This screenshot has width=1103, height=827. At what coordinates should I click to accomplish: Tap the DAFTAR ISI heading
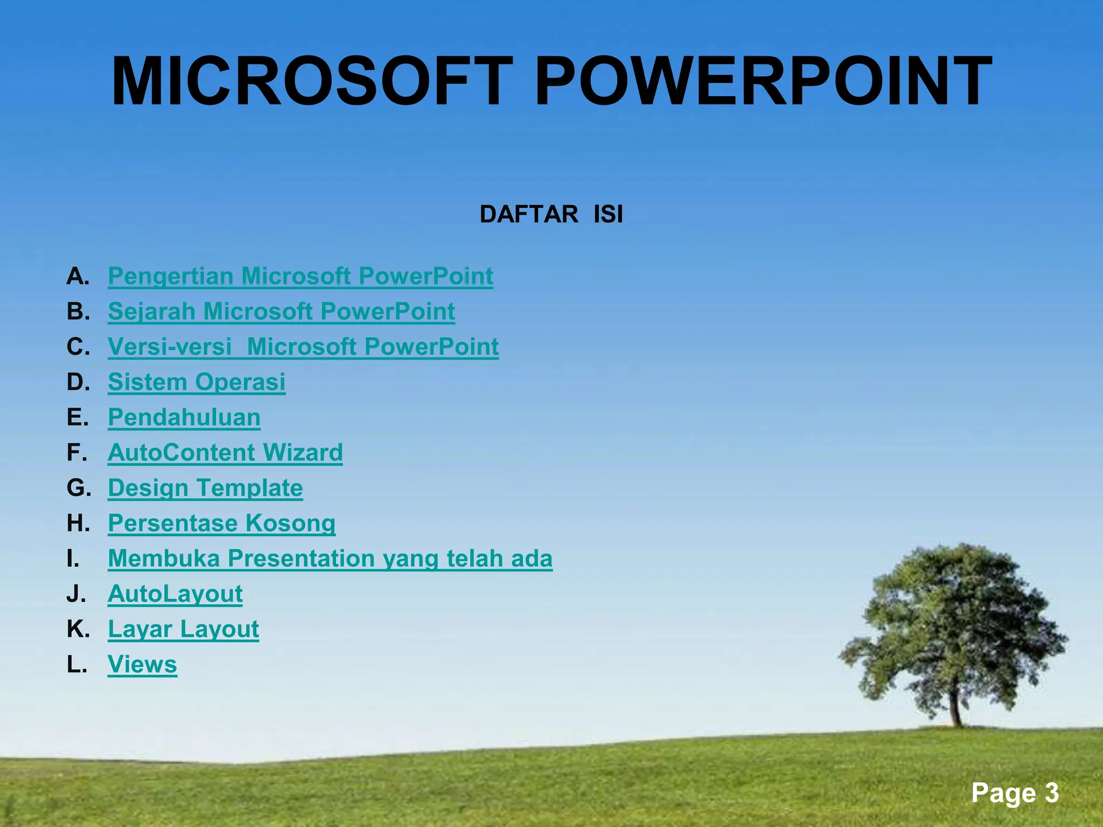pyautogui.click(x=551, y=214)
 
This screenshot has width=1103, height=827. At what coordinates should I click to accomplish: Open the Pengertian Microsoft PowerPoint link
pyautogui.click(x=300, y=276)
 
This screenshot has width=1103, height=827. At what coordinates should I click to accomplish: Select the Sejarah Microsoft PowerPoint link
pyautogui.click(x=281, y=311)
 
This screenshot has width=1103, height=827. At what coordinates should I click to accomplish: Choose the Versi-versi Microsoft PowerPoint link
pyautogui.click(x=303, y=347)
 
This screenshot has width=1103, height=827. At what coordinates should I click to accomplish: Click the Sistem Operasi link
pyautogui.click(x=196, y=382)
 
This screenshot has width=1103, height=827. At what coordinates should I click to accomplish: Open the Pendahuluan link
pyautogui.click(x=184, y=417)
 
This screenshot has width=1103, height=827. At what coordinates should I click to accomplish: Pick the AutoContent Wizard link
pyautogui.click(x=225, y=453)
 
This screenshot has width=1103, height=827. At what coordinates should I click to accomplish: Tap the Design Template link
pyautogui.click(x=205, y=488)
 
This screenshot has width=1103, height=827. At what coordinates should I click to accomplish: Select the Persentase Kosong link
pyautogui.click(x=221, y=523)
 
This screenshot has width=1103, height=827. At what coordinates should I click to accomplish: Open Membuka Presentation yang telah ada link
pyautogui.click(x=330, y=558)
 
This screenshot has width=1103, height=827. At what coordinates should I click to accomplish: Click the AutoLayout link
pyautogui.click(x=175, y=594)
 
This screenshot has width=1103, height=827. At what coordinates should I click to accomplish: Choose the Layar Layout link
pyautogui.click(x=183, y=629)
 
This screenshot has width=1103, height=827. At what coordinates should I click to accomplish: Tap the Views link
pyautogui.click(x=142, y=664)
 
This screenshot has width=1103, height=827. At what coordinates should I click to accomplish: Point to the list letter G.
pyautogui.click(x=78, y=488)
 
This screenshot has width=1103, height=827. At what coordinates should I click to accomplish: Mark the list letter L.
pyautogui.click(x=76, y=664)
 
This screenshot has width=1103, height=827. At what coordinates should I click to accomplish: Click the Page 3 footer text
pyautogui.click(x=1015, y=793)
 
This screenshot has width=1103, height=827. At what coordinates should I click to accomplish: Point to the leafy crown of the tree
pyautogui.click(x=953, y=619)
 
